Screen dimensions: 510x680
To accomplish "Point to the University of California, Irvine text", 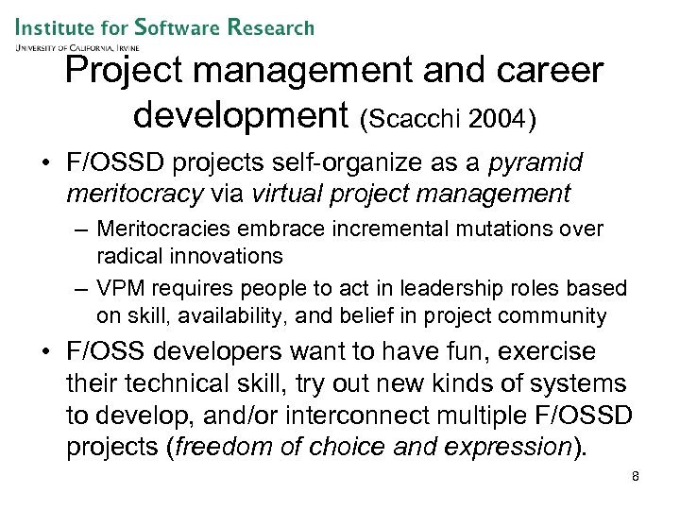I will (x=76, y=45).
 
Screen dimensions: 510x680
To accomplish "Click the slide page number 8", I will (x=636, y=476).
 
